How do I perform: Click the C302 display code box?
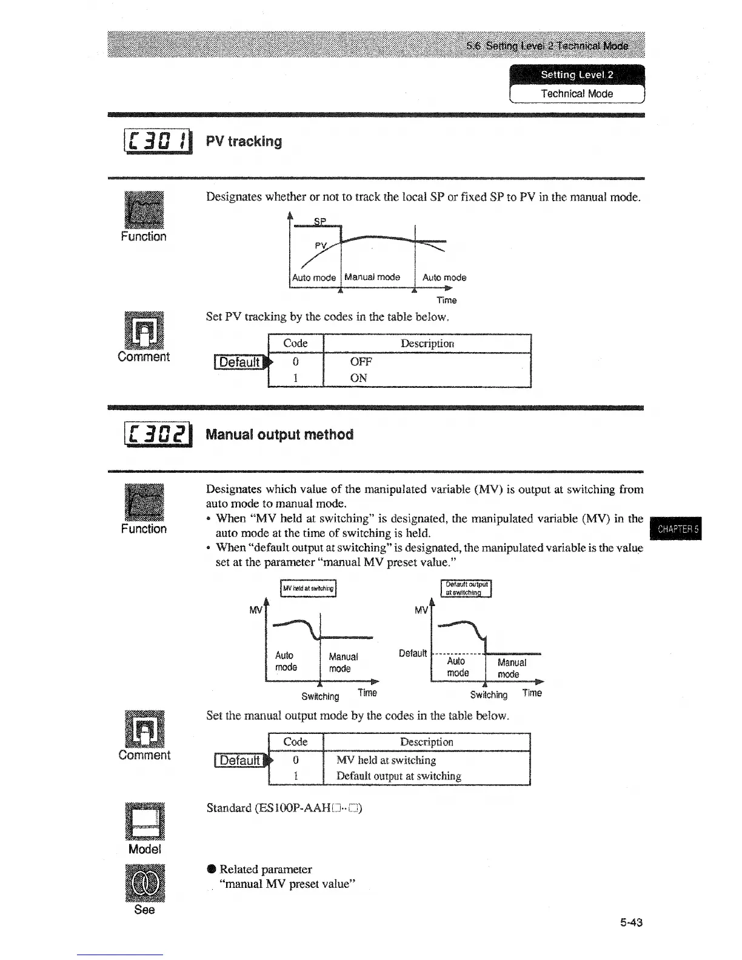(x=158, y=435)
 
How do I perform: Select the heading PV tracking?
(x=244, y=141)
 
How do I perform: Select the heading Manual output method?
(x=279, y=435)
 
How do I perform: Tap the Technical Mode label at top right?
(x=577, y=94)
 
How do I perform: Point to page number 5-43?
(x=631, y=922)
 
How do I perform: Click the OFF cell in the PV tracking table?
(x=361, y=362)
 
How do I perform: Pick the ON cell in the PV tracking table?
(x=358, y=378)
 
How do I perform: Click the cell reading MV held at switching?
(x=386, y=760)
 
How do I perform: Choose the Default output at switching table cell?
(x=398, y=776)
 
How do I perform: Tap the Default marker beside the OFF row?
(x=241, y=362)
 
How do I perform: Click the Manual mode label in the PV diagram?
(x=372, y=278)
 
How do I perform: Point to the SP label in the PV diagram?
(x=320, y=221)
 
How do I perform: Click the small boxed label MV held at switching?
(x=308, y=588)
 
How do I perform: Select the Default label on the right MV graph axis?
(x=413, y=653)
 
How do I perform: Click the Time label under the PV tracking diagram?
(x=446, y=300)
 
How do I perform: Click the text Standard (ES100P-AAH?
(x=284, y=808)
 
